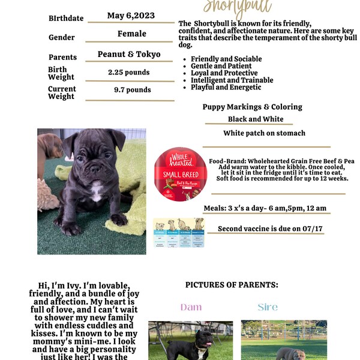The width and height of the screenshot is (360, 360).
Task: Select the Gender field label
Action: pyautogui.click(x=62, y=37)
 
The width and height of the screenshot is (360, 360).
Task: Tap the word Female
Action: pyautogui.click(x=131, y=34)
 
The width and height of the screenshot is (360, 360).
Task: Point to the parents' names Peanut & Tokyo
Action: pyautogui.click(x=129, y=55)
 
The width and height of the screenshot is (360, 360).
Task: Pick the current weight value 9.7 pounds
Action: pyautogui.click(x=132, y=90)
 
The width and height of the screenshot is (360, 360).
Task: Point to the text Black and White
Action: pyautogui.click(x=256, y=119)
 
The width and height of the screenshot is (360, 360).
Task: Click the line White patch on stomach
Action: pyautogui.click(x=264, y=133)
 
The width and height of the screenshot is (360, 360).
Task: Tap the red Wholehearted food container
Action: pyautogui.click(x=180, y=173)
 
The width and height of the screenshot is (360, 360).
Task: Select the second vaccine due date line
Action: pyautogui.click(x=263, y=229)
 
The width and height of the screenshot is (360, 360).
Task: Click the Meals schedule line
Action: pyautogui.click(x=265, y=208)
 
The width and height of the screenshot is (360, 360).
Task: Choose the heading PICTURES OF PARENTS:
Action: pyautogui.click(x=232, y=284)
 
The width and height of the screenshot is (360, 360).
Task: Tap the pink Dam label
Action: pyautogui.click(x=191, y=307)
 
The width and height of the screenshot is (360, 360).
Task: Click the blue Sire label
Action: pyautogui.click(x=268, y=307)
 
